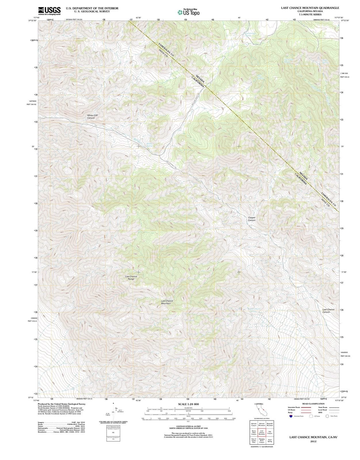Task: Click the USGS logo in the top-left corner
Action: [x=49, y=11]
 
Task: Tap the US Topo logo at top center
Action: [x=188, y=12]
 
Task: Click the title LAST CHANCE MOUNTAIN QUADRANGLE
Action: [x=310, y=8]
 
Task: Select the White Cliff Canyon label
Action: [x=91, y=116]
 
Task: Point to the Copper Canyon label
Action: [x=252, y=219]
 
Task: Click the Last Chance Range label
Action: [x=131, y=278]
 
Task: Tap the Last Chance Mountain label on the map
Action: [x=167, y=302]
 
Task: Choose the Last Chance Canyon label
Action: [x=328, y=311]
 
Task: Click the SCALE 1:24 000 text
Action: [x=188, y=404]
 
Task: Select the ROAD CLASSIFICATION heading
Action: [x=313, y=404]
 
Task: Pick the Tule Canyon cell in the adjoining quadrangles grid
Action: [x=269, y=432]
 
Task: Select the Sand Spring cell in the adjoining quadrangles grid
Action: [x=269, y=440]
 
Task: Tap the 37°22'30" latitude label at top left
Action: [x=32, y=21]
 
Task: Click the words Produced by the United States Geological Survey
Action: [x=62, y=404]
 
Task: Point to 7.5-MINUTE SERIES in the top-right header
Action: [x=310, y=14]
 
